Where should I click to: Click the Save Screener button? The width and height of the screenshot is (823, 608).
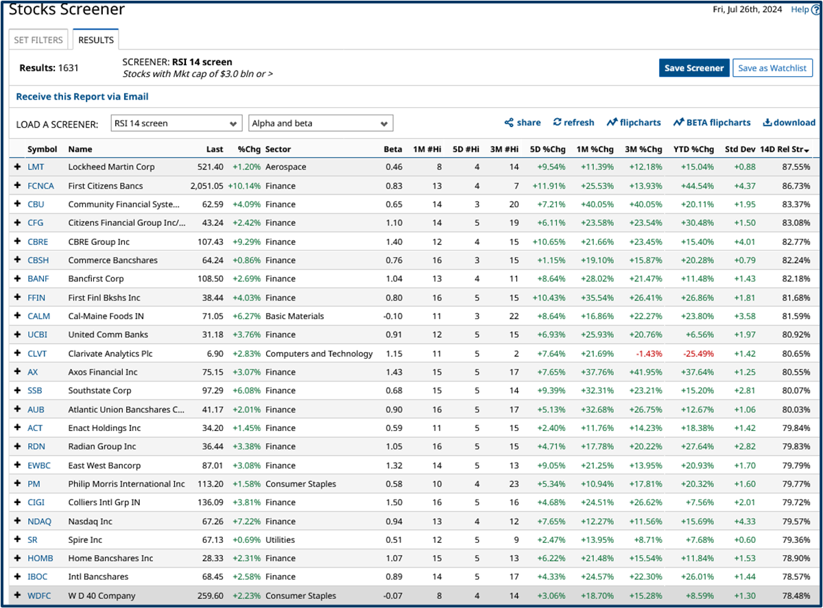694,68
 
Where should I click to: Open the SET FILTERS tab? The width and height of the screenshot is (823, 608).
38,40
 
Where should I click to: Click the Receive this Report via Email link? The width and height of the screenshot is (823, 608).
82,97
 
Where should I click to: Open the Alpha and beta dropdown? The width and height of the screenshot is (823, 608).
320,124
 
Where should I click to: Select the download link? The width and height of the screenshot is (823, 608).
789,123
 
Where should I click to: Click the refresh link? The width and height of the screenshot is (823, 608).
574,123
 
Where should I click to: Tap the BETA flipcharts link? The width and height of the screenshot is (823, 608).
712,123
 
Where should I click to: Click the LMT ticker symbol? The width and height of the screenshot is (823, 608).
36,167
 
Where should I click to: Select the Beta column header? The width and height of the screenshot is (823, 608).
393,149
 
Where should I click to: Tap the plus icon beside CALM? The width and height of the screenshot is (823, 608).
17,316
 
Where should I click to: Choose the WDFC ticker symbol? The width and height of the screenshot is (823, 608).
40,596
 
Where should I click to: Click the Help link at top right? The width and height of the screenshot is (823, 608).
800,10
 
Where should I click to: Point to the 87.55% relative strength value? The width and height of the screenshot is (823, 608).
796,167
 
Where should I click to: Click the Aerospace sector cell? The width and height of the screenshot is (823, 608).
286,167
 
